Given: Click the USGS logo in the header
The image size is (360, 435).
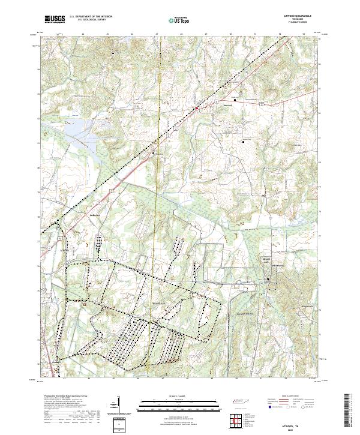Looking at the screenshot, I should coord(55,19).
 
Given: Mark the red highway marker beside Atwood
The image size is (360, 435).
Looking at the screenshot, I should coord(196,109).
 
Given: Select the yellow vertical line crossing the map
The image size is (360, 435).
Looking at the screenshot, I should coord(161,180).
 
